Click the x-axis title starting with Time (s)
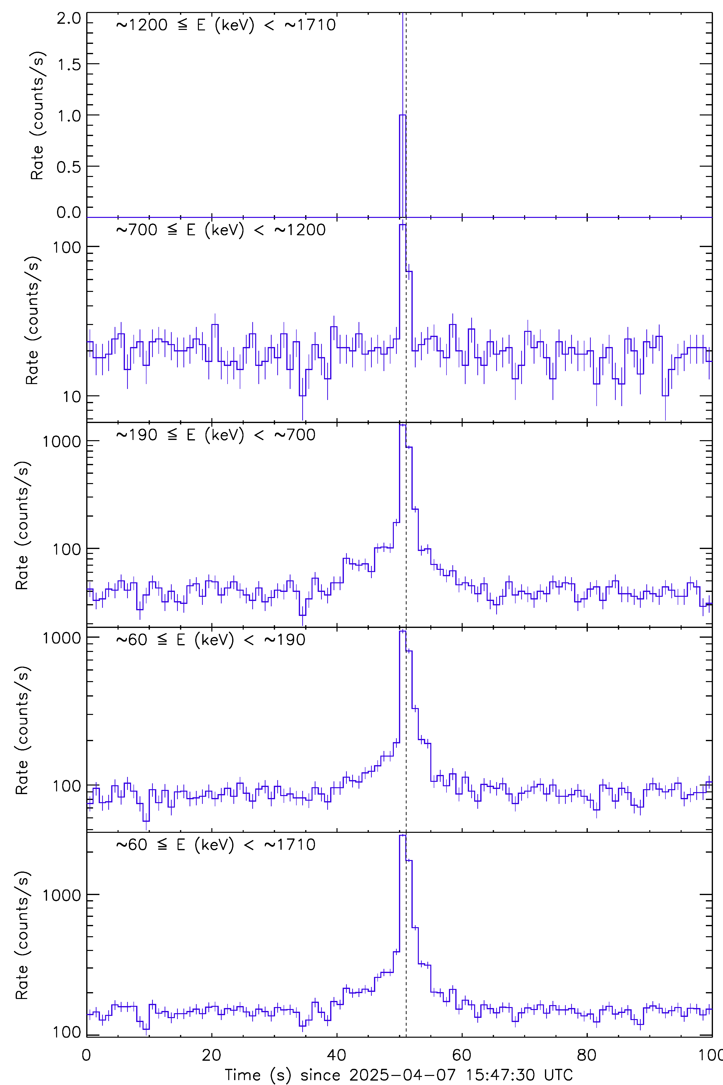pyautogui.click(x=398, y=1075)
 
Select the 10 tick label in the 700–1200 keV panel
pyautogui.click(x=72, y=397)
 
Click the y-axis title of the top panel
pyautogui.click(x=37, y=115)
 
